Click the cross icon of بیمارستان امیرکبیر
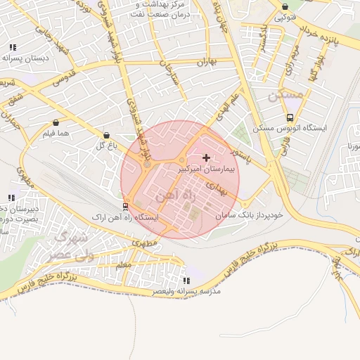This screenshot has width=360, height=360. tap(206, 157)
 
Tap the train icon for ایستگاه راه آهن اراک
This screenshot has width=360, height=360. tap(125, 206)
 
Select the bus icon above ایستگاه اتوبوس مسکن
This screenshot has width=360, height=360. tap(290, 117)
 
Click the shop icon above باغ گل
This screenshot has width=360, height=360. tap(106, 135)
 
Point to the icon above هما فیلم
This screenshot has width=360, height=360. tap(56, 122)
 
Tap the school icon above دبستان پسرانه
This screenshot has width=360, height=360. tap(13, 47)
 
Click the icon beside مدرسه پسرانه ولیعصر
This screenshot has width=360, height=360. tap(185, 280)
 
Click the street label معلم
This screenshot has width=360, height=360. tap(123, 264)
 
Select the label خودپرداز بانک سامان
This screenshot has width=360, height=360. tap(249, 214)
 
